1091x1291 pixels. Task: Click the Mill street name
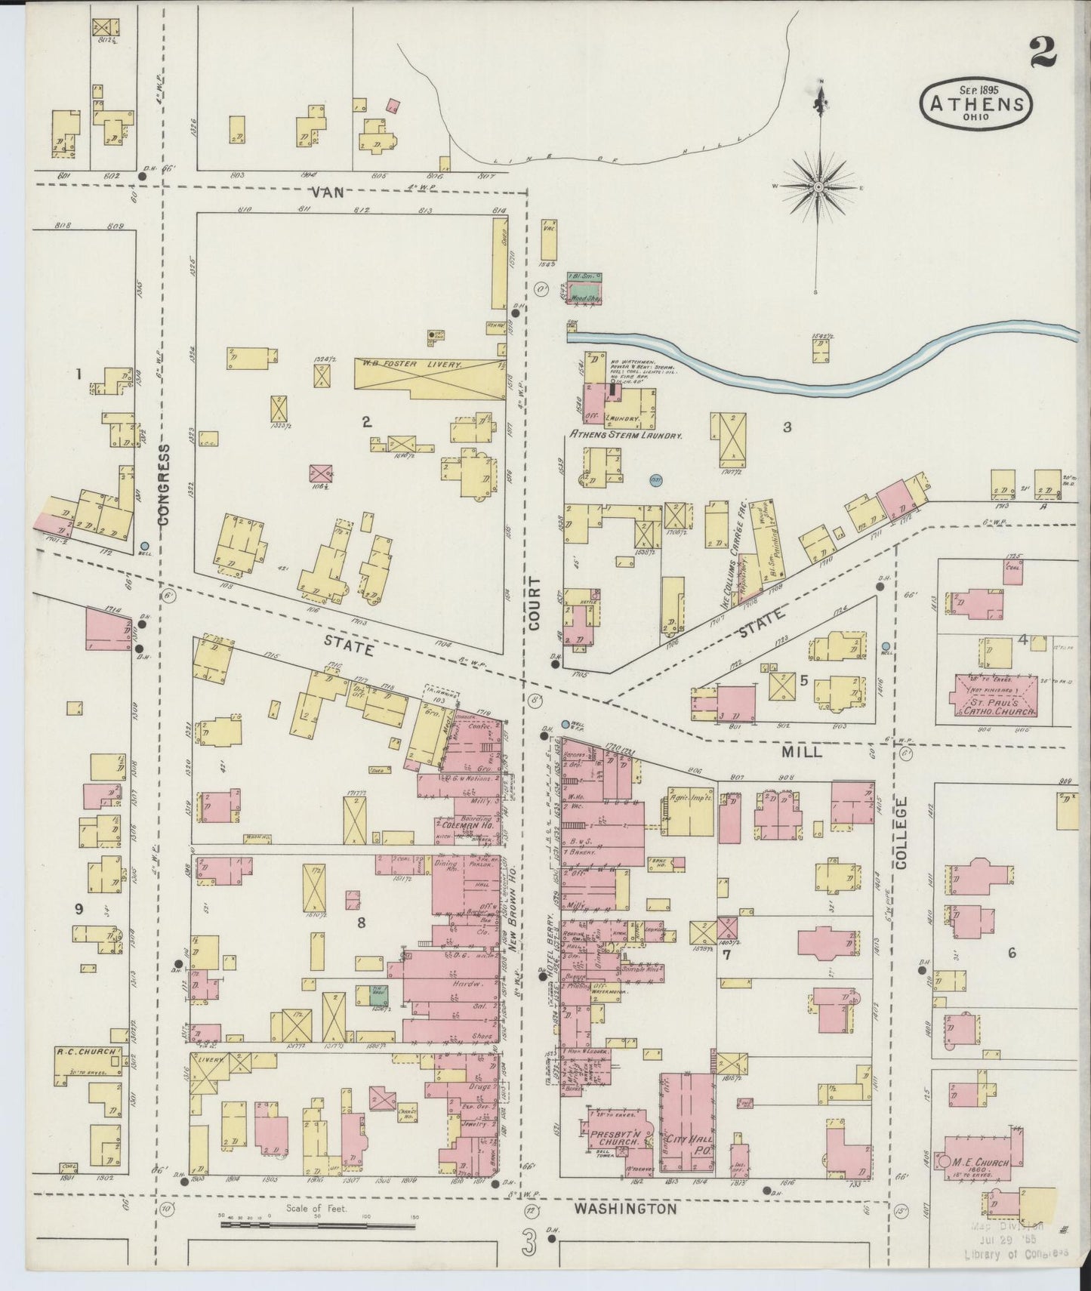coord(802,752)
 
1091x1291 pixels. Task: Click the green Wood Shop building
coord(585,292)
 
